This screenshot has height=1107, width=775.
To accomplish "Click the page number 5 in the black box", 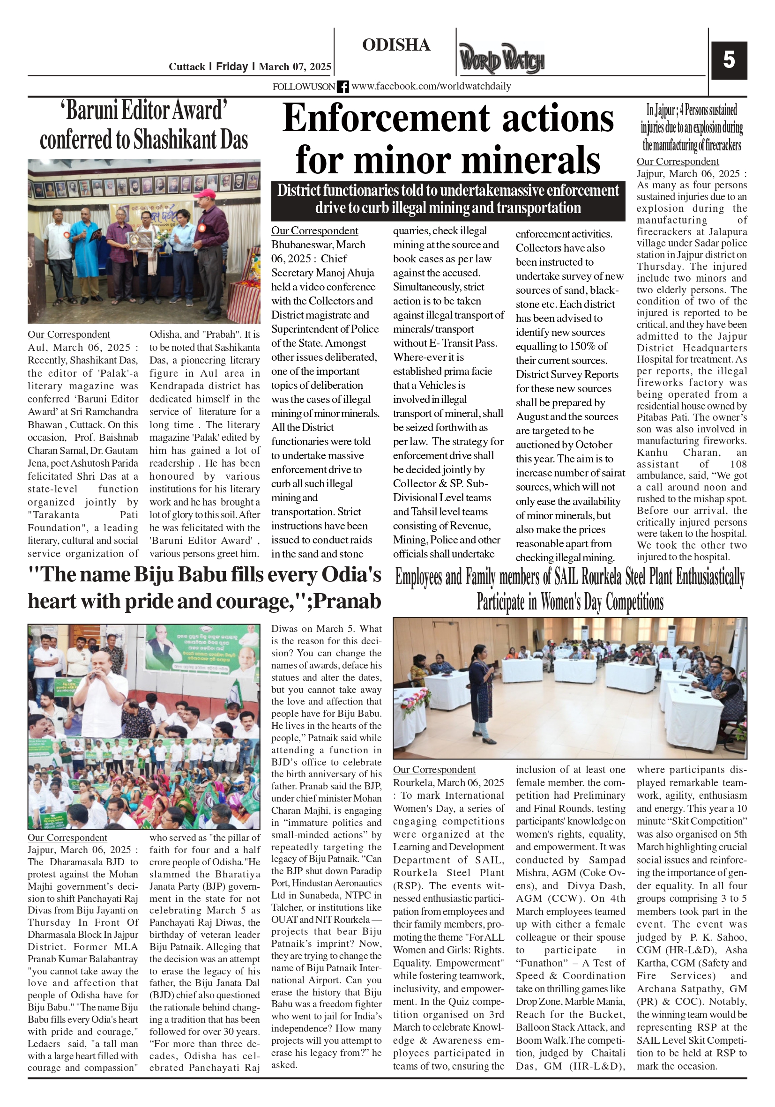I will tap(729, 60).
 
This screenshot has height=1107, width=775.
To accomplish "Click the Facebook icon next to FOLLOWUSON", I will tap(343, 87).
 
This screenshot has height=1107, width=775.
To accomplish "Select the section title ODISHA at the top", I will tap(396, 45).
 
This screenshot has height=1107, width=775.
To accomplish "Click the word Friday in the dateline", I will tap(231, 67).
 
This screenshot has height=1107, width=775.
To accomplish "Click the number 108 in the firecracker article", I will tap(738, 464).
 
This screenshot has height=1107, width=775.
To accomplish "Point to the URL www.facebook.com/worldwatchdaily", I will tap(431, 86).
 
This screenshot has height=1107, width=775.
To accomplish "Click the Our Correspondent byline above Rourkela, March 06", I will tap(434, 770).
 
